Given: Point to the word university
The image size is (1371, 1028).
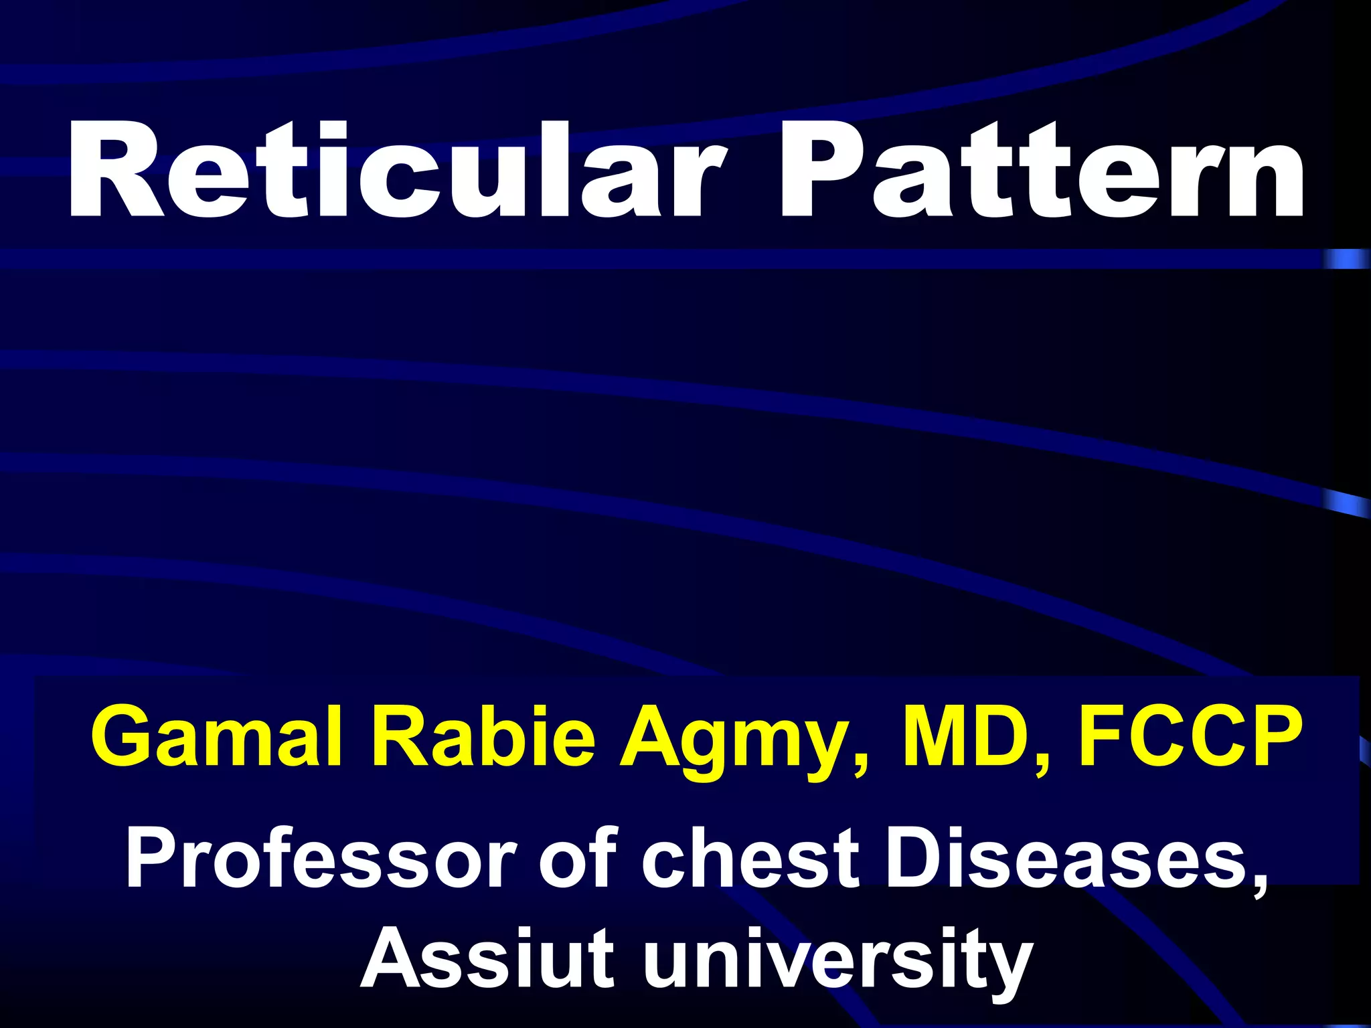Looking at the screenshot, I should click(837, 960).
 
